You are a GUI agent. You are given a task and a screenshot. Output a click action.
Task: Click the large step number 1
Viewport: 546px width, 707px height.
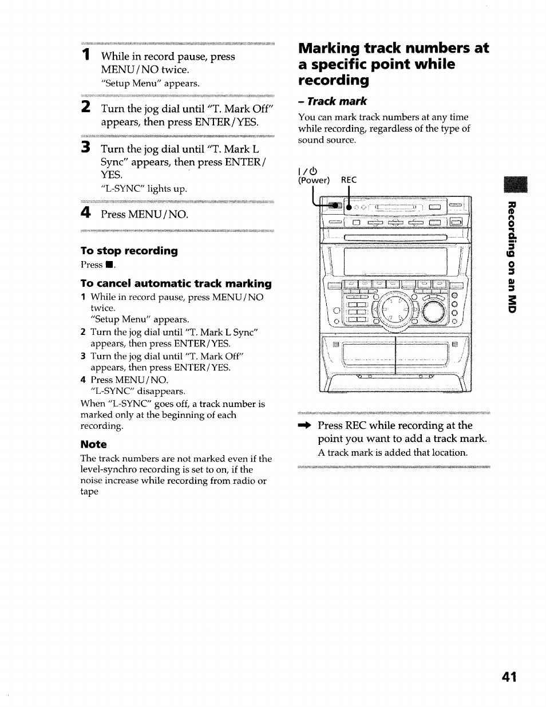85,56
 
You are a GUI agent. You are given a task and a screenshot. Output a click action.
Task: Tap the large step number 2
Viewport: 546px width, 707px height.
85,107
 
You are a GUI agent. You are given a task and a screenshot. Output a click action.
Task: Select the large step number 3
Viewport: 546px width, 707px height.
85,148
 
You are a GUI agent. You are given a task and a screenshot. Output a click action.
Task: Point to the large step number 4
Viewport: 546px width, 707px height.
85,213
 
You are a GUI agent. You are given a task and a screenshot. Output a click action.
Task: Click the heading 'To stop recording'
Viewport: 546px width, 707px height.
129,251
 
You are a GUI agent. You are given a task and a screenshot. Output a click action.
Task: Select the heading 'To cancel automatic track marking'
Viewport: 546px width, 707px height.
176,283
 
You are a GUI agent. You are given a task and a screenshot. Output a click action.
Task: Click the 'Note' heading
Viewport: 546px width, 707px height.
93,444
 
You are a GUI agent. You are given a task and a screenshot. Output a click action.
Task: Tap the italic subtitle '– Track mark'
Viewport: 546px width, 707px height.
332,101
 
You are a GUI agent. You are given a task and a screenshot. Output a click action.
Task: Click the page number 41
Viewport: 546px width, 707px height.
509,677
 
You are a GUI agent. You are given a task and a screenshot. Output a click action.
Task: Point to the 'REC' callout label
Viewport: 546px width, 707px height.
349,180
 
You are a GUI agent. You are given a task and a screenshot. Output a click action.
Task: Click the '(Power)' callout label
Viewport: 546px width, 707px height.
314,180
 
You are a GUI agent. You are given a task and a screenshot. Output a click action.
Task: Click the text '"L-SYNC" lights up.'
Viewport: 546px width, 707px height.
144,188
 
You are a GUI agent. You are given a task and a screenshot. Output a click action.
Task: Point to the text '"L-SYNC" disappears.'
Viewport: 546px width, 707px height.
137,391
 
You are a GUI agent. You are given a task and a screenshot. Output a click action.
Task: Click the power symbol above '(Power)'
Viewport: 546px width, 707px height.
307,170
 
